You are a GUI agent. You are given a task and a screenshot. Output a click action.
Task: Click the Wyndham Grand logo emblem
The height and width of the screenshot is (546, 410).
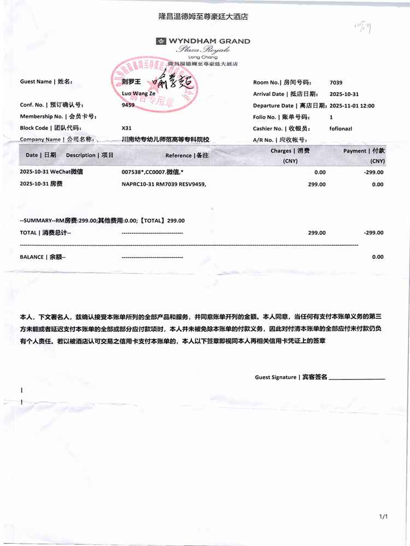161,41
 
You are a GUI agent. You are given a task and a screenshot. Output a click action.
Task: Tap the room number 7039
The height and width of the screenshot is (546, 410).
336,82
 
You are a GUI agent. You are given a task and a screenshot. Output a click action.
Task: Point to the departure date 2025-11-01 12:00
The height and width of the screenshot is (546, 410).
352,106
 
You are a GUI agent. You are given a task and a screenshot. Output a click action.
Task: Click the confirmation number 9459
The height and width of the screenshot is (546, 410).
128,104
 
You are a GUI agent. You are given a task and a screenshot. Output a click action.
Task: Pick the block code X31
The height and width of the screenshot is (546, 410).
126,128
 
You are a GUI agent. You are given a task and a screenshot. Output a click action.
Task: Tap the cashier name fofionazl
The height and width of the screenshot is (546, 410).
343,129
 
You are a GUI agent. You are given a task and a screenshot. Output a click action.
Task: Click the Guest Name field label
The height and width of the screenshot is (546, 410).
45,82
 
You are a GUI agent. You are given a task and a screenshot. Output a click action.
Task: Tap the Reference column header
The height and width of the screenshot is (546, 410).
187,156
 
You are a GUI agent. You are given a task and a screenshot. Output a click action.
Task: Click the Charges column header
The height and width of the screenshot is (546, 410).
290,151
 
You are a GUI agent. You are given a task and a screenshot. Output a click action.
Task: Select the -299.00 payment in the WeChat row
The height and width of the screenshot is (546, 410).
374,172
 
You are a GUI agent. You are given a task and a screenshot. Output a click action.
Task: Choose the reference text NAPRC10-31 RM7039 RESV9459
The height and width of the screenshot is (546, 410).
164,185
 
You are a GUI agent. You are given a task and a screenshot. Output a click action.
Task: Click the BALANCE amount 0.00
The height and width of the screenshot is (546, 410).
377,257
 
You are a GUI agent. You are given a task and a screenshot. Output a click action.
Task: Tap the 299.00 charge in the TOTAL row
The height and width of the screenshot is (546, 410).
317,233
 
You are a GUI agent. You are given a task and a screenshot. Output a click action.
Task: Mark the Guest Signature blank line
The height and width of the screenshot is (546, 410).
358,377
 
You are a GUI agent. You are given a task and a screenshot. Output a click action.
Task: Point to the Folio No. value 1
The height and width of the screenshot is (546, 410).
331,117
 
